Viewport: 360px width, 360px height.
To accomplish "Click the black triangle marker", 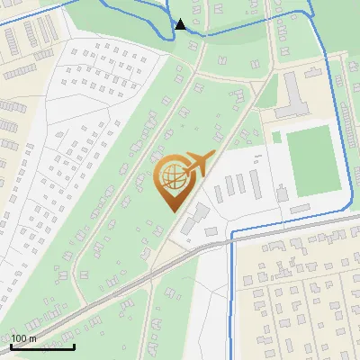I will point(181,24).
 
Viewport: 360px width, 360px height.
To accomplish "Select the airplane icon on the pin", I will point(199,164).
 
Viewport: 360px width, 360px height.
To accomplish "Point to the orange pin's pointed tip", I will point(173,210).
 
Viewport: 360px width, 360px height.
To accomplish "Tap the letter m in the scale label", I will point(33,338).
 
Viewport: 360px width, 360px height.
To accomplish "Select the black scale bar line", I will point(42,346).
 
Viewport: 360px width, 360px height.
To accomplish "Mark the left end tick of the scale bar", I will point(12,345).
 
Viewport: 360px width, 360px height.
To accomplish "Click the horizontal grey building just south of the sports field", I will point(301,209).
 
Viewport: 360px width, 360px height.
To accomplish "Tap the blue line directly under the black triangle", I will point(181,35).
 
